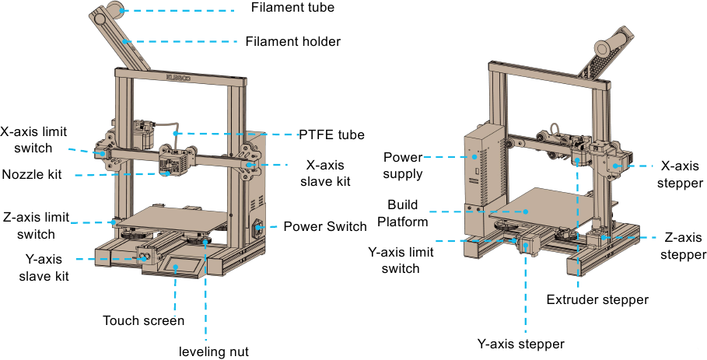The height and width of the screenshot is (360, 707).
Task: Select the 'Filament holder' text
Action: pos(292,41)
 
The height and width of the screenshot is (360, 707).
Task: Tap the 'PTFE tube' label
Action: pos(331,135)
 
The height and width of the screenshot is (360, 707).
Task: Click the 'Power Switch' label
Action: pos(324,227)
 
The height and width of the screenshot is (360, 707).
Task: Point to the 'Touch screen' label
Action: pos(144,320)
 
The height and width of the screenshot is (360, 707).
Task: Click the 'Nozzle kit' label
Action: pos(32,174)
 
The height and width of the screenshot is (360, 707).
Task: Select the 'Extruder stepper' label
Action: pos(597,299)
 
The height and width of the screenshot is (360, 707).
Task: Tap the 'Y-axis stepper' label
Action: pos(520,343)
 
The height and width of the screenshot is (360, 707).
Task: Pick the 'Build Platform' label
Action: pos(408,213)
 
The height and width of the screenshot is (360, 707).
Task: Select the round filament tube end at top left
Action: pos(115,10)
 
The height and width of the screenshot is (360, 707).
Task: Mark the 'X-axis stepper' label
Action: pos(681,175)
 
